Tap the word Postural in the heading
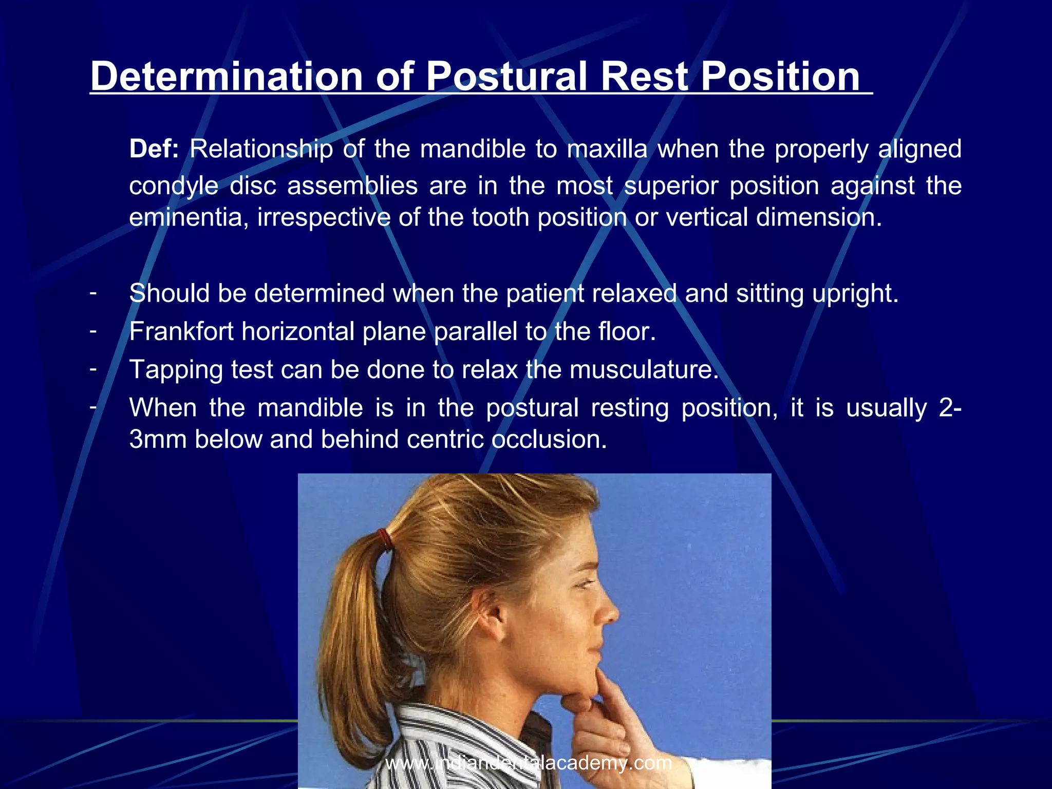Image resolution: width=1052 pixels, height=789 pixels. (x=506, y=77)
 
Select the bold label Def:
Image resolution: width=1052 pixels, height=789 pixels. (x=154, y=149)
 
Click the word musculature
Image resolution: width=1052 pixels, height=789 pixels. (x=644, y=370)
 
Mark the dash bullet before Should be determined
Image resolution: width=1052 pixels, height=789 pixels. (x=93, y=293)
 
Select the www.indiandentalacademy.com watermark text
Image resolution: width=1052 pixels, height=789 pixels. (x=529, y=763)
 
